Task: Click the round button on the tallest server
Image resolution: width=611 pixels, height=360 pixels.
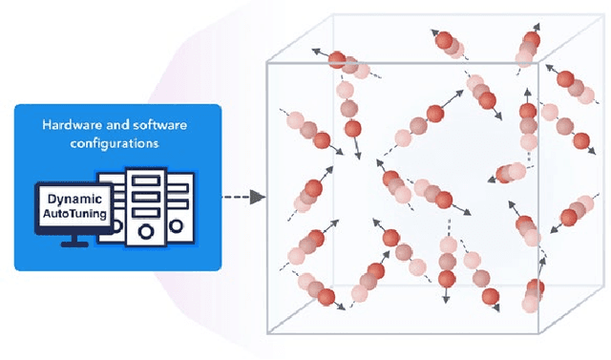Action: pyautogui.click(x=145, y=230)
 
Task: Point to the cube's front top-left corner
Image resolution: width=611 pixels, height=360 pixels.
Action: pyautogui.click(x=266, y=61)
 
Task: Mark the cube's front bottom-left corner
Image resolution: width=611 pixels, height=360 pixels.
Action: pyautogui.click(x=266, y=334)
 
